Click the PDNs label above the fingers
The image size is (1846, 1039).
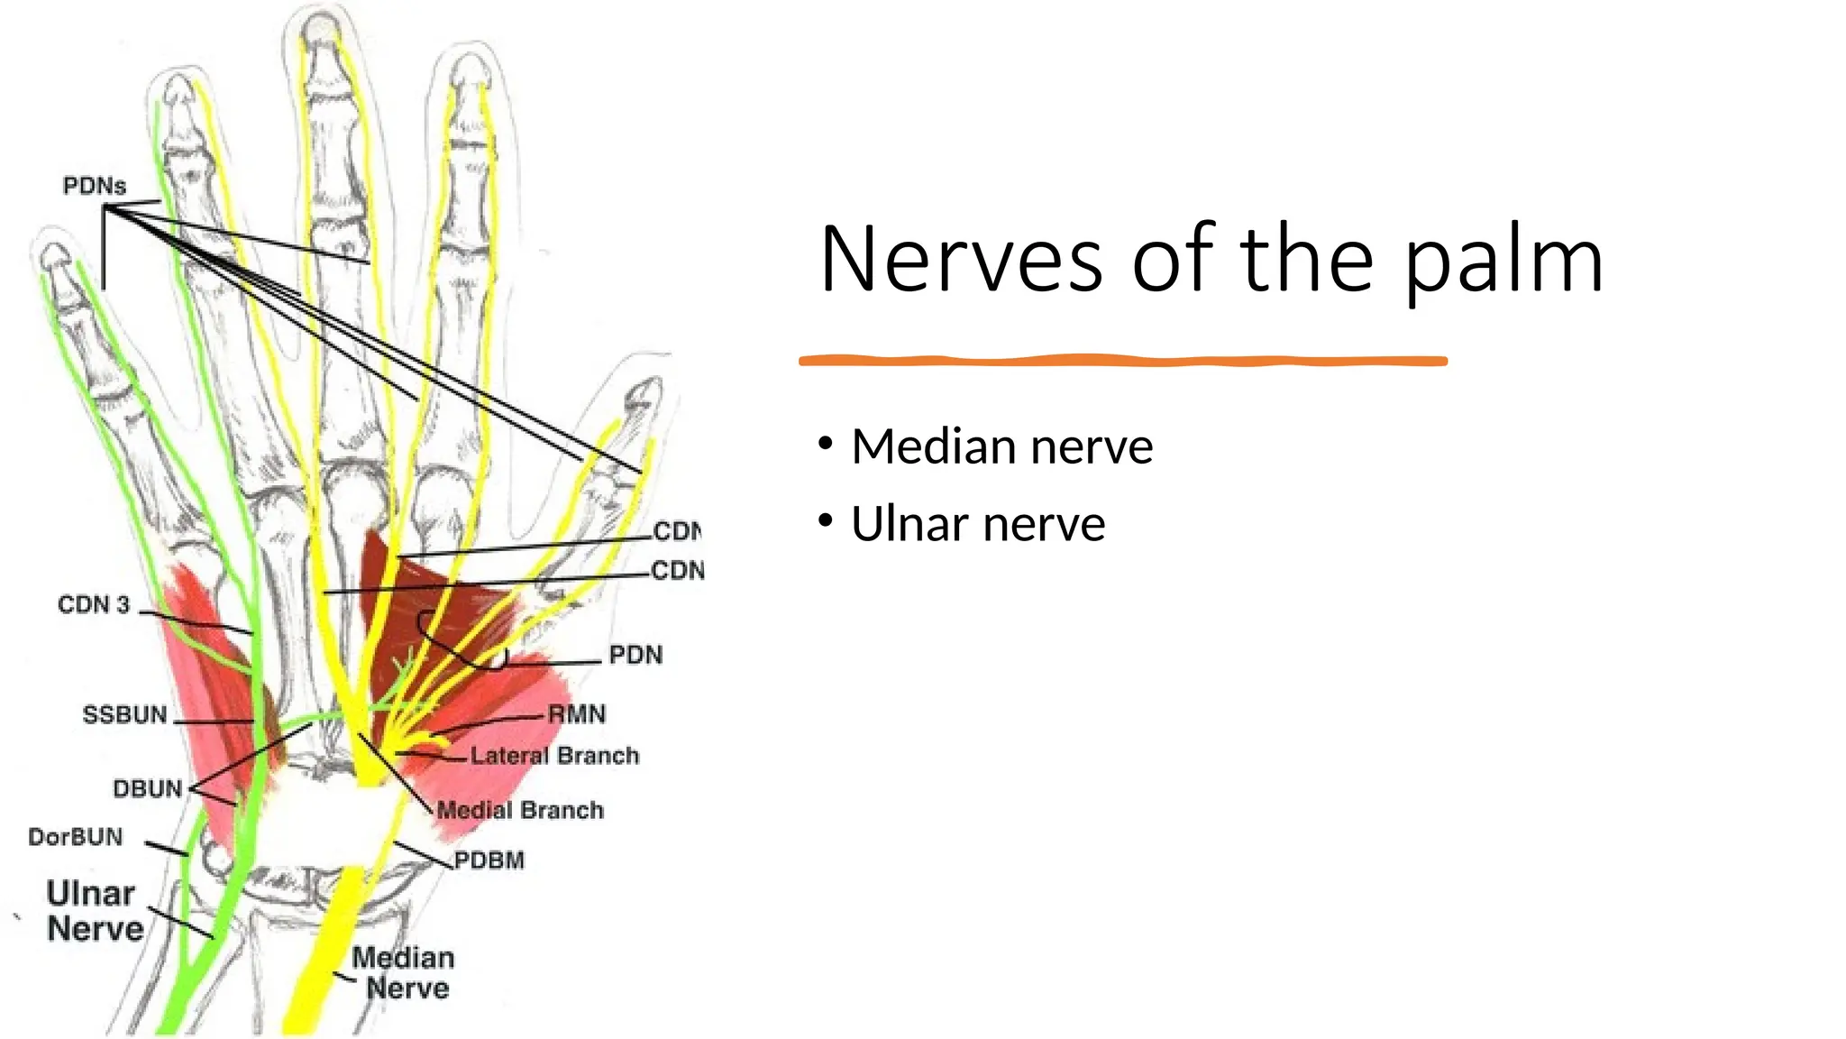click(x=95, y=186)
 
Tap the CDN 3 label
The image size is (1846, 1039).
click(x=94, y=604)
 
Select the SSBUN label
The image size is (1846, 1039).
click(x=125, y=715)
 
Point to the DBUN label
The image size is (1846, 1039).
click(x=148, y=789)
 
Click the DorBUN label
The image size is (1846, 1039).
click(x=76, y=837)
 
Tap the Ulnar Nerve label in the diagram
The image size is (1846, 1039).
click(x=94, y=911)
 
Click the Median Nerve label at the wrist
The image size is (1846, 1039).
click(x=404, y=972)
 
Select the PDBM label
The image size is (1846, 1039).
click(x=489, y=860)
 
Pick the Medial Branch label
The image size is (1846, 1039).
click(x=520, y=810)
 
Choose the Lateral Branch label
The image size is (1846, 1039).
click(x=554, y=755)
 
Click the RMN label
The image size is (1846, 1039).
click(x=578, y=714)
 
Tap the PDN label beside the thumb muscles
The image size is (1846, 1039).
click(x=635, y=655)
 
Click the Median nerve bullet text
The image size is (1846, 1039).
click(x=1001, y=446)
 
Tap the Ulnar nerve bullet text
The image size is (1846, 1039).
click(x=978, y=524)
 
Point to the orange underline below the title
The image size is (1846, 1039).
click(x=1122, y=361)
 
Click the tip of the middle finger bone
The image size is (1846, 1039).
click(x=319, y=27)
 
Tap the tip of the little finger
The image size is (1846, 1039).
click(x=55, y=253)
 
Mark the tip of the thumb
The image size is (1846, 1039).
click(x=644, y=392)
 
